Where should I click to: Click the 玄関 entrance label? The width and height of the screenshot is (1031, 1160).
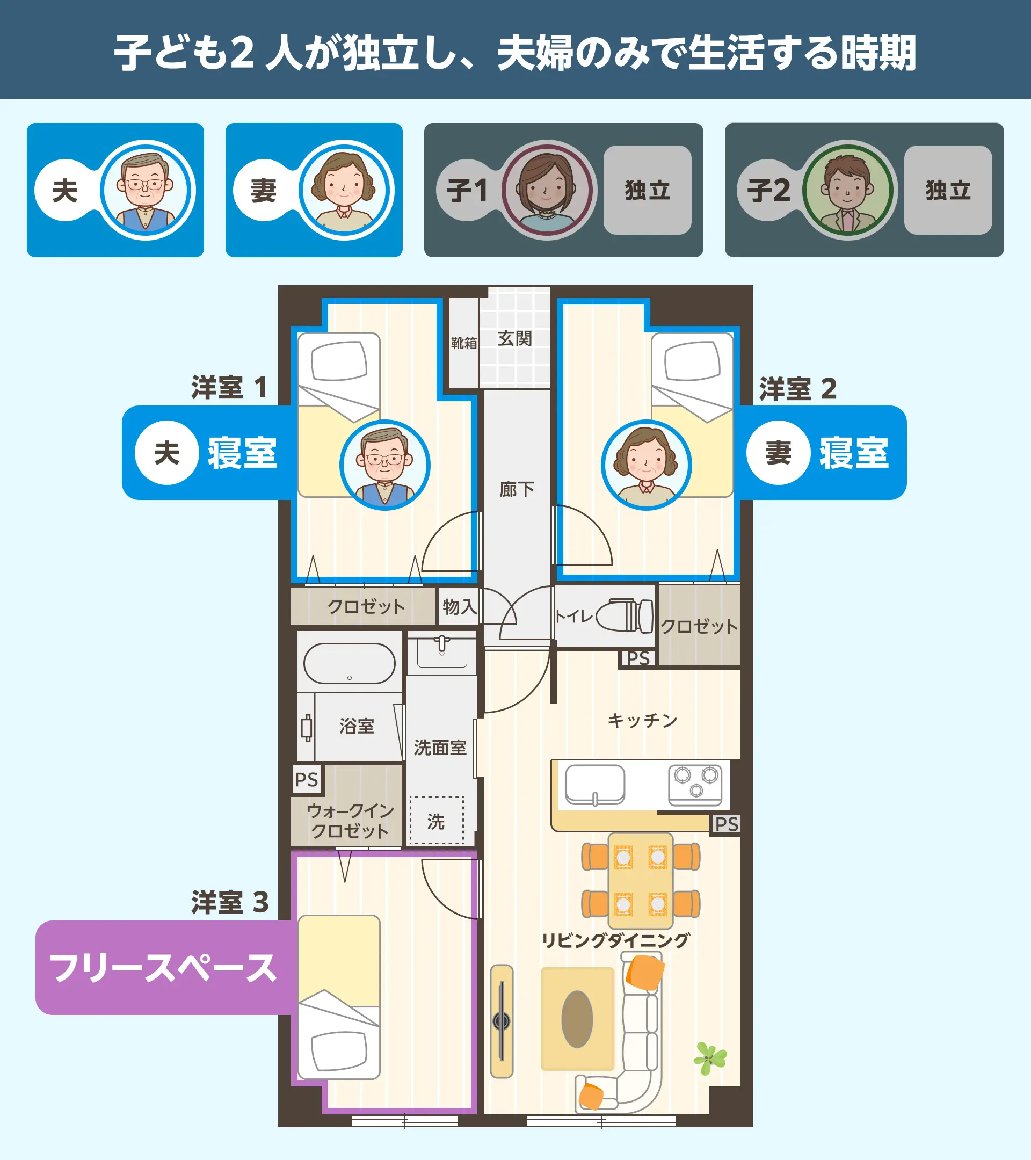tap(514, 339)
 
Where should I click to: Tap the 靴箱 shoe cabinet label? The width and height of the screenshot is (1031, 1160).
tap(463, 343)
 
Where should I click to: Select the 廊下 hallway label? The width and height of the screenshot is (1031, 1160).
tap(517, 489)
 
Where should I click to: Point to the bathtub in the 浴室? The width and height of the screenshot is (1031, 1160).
tap(350, 663)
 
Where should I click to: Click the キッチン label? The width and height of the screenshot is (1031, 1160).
tap(642, 720)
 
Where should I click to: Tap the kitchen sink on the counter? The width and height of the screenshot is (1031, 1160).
tap(595, 785)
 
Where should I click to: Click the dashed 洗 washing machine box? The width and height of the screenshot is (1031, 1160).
tap(437, 821)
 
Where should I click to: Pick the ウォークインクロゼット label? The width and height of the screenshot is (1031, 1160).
tap(350, 821)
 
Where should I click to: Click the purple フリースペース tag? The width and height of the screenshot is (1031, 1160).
tap(163, 968)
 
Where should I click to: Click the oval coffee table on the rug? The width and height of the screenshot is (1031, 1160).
tap(577, 1019)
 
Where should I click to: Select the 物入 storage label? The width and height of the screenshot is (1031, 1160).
tap(460, 607)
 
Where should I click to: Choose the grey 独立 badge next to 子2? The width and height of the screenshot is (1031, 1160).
tap(948, 190)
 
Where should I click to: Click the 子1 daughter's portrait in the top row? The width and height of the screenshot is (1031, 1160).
tap(547, 190)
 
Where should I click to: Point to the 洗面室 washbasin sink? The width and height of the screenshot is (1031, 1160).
tap(441, 653)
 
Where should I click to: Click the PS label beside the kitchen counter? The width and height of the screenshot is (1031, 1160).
tap(727, 824)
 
